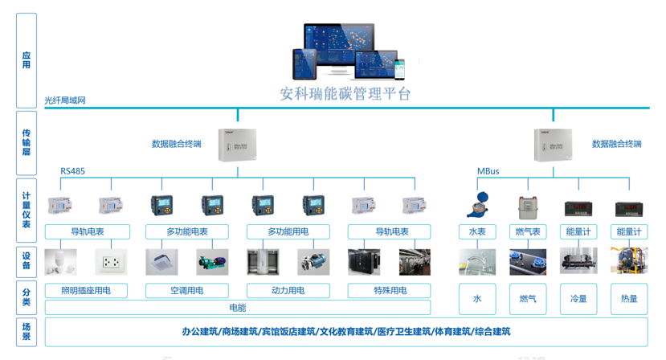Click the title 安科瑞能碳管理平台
pyautogui.click(x=345, y=94)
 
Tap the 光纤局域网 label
pyautogui.click(x=65, y=100)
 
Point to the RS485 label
pyautogui.click(x=72, y=171)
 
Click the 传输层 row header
pyautogui.click(x=27, y=141)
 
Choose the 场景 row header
pyautogui.click(x=27, y=332)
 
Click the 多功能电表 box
pyautogui.click(x=186, y=231)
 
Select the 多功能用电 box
pyautogui.click(x=288, y=231)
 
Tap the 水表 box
pyautogui.click(x=477, y=231)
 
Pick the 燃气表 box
pyautogui.click(x=527, y=231)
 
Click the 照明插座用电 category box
pyautogui.click(x=86, y=290)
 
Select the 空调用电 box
pyautogui.click(x=186, y=290)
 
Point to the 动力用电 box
pyautogui.click(x=288, y=290)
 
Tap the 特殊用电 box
pyautogui.click(x=390, y=290)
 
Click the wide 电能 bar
pyautogui.click(x=238, y=308)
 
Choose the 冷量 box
pyautogui.click(x=578, y=299)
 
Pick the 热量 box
pyautogui.click(x=629, y=299)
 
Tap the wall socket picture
pyautogui.click(x=111, y=261)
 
